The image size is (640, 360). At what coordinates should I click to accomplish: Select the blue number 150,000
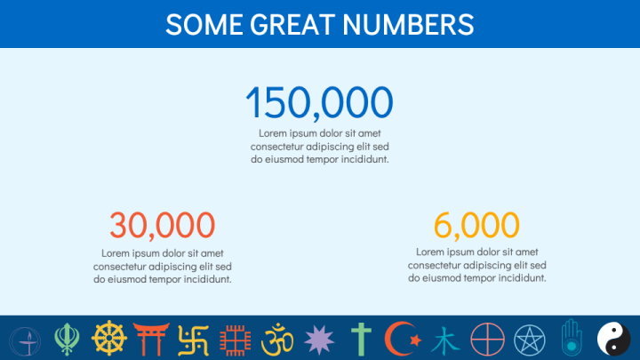[x=318, y=103]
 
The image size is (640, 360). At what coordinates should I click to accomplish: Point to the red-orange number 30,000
[x=162, y=226]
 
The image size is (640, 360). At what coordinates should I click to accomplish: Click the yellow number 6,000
[x=476, y=226]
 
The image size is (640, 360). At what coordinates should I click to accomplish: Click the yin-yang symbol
[x=613, y=339]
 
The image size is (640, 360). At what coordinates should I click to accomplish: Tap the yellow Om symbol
[x=277, y=339]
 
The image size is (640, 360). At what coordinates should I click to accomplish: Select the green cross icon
[x=361, y=339]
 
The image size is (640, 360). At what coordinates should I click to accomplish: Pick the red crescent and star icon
[x=401, y=339]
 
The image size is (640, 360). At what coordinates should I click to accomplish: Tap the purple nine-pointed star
[x=319, y=339]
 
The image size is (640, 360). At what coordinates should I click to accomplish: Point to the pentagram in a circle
[x=530, y=339]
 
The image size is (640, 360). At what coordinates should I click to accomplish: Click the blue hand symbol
[x=572, y=337]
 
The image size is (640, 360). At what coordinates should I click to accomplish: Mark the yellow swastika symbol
[x=193, y=339]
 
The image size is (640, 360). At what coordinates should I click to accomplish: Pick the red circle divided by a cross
[x=487, y=339]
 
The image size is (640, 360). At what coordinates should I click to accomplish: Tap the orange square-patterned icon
[x=235, y=339]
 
